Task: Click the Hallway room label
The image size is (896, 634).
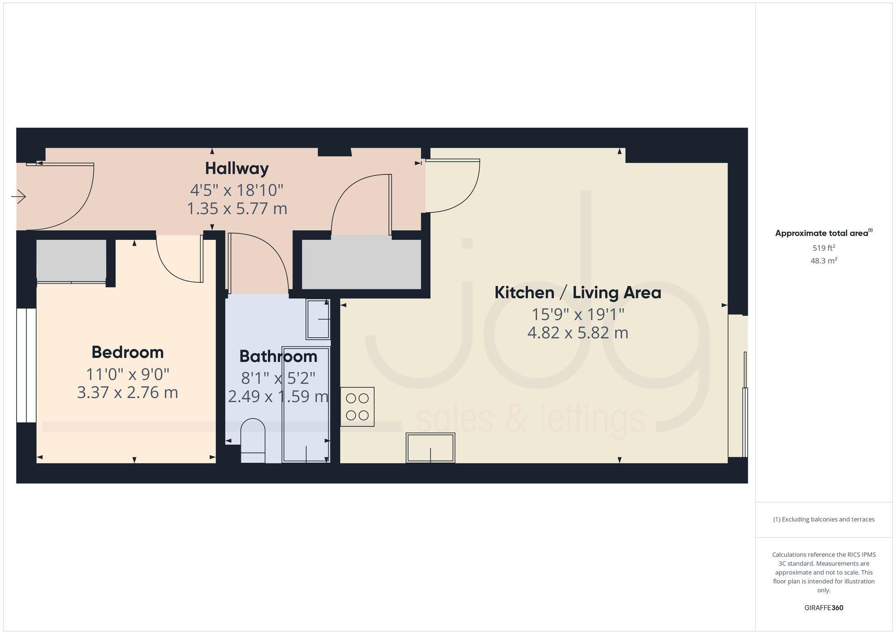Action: [237, 168]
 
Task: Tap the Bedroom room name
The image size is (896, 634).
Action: [128, 352]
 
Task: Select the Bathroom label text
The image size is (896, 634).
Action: [278, 356]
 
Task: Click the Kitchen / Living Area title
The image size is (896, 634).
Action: [577, 293]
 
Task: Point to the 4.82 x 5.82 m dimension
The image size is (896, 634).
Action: [577, 333]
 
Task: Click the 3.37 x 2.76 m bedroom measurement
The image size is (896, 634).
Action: [128, 392]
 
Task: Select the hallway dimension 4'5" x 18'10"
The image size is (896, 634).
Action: [237, 190]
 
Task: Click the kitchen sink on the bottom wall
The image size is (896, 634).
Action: [431, 448]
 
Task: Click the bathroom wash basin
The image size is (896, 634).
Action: [318, 319]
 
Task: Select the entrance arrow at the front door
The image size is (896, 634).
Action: [19, 196]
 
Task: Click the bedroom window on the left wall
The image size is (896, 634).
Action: [26, 365]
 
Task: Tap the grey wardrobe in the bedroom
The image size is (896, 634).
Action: [71, 260]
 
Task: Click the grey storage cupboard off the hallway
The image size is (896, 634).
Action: [361, 264]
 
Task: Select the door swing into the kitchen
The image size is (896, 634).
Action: [452, 185]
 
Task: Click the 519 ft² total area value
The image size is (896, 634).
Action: [823, 248]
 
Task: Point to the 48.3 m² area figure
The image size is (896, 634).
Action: [823, 261]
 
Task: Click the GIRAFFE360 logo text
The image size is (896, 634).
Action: [823, 608]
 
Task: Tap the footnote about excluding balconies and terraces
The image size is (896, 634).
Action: [823, 519]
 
